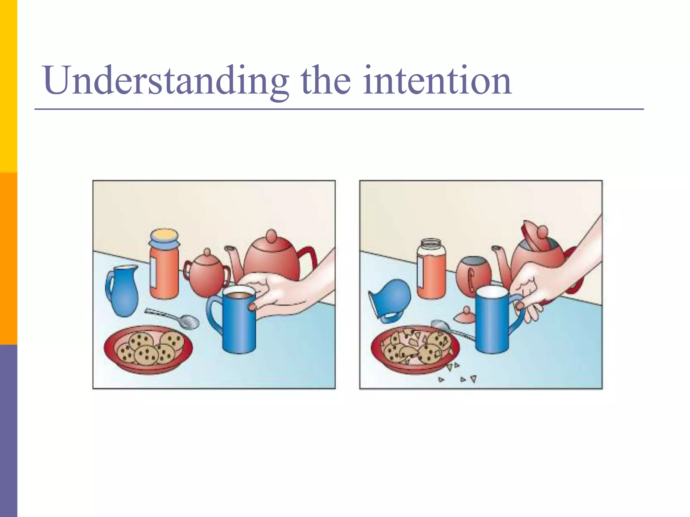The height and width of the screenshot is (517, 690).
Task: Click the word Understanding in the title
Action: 165,81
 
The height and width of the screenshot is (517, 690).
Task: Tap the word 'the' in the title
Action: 325,81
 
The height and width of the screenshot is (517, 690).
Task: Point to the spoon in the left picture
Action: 175,318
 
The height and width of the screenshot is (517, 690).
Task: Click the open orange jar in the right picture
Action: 431,269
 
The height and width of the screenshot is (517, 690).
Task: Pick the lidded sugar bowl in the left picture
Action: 207,276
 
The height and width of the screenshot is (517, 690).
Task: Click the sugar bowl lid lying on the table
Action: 465,315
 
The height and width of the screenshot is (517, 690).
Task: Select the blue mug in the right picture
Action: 492,320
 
